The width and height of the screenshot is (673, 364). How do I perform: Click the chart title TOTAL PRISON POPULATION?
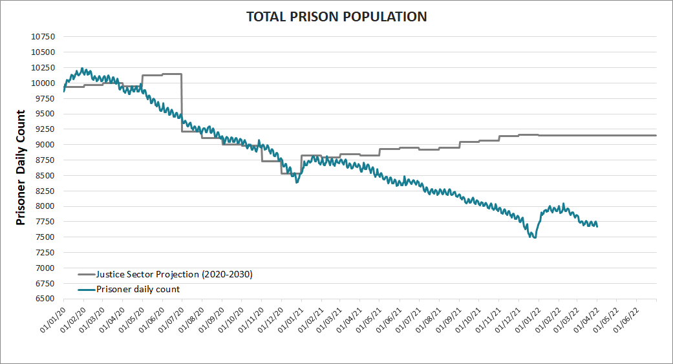(x=336, y=17)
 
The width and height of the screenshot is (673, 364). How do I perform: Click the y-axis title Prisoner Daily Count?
(x=21, y=167)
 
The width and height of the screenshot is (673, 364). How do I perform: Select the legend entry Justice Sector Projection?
(x=174, y=273)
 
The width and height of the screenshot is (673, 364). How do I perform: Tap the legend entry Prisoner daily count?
(x=138, y=289)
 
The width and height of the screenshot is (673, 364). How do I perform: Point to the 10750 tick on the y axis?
(x=43, y=37)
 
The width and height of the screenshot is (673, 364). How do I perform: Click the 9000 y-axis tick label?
(x=45, y=145)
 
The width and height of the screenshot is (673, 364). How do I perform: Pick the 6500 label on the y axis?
(x=45, y=299)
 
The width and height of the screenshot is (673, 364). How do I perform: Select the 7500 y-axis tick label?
(x=45, y=237)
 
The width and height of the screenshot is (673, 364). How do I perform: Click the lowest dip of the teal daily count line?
(x=534, y=238)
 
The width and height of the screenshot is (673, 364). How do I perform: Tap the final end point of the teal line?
(x=597, y=226)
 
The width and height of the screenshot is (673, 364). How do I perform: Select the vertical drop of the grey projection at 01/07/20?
(x=182, y=103)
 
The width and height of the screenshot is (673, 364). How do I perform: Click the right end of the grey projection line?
(x=656, y=135)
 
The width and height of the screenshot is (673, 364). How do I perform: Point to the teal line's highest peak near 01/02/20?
(x=81, y=69)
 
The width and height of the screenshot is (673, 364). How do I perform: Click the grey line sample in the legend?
(x=85, y=274)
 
